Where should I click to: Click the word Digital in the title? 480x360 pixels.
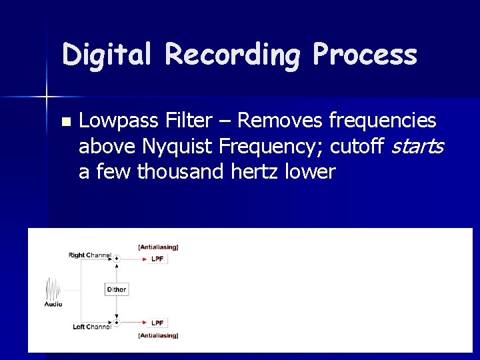(106, 55)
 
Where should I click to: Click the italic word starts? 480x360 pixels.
(416, 146)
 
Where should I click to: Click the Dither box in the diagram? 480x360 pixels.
(116, 289)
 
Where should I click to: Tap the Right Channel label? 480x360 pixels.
(89, 255)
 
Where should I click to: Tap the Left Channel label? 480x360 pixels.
(91, 327)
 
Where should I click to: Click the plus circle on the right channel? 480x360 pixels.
(116, 259)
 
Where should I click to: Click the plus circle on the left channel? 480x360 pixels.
(116, 323)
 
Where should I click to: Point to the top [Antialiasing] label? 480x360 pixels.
(158, 247)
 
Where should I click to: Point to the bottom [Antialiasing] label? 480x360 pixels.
(158, 335)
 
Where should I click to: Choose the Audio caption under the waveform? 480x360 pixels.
(53, 304)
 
